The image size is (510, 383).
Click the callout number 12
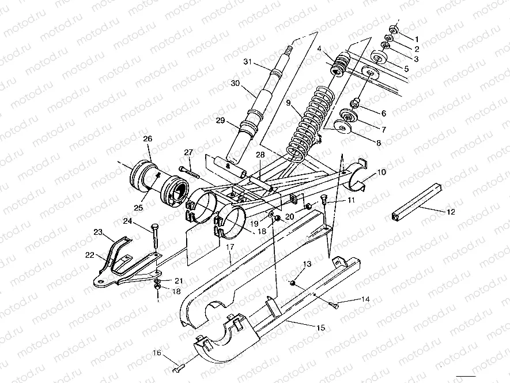point(451,212)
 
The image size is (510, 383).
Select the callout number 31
point(248,62)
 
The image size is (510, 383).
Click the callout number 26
point(148,138)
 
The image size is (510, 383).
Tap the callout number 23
point(97,232)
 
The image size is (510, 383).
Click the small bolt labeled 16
point(179,365)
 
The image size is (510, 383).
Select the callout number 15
point(320,327)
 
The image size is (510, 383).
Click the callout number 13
point(307,264)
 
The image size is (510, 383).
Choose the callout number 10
point(381,172)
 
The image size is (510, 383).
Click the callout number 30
point(235,84)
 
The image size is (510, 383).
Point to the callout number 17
point(229,247)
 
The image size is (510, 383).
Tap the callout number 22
point(90,254)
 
